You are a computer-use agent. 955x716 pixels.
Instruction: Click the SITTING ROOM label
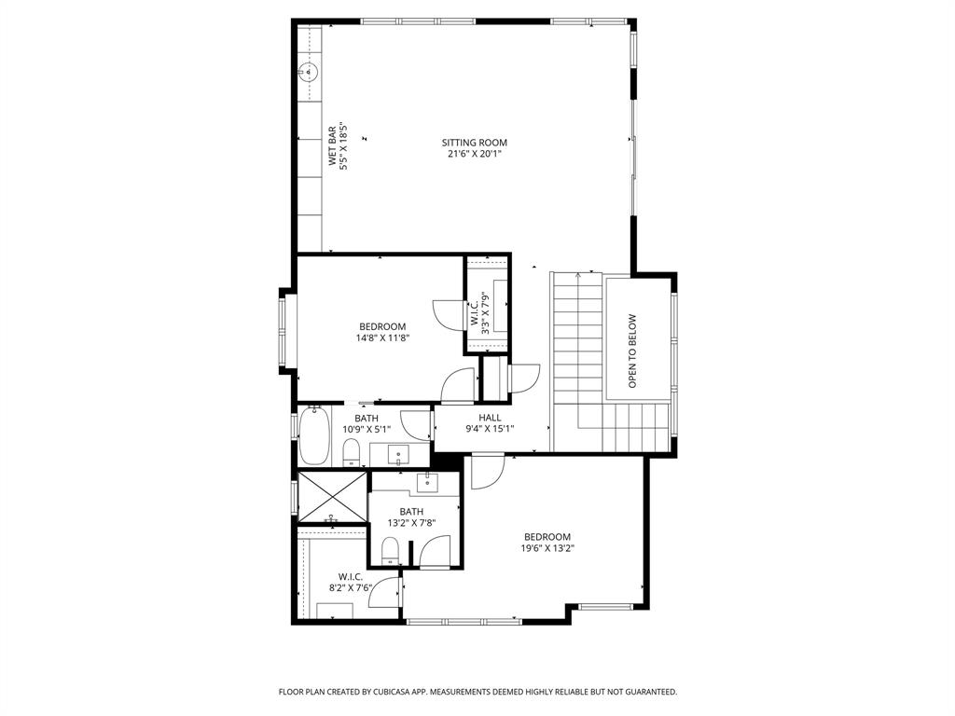point(475,143)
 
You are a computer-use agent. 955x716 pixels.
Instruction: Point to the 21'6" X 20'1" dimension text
point(475,154)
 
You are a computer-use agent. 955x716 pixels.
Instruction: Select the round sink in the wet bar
point(309,70)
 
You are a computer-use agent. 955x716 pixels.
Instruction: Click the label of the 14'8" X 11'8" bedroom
point(382,326)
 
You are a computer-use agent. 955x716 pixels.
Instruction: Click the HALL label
point(490,418)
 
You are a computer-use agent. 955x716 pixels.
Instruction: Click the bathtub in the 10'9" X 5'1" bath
point(314,436)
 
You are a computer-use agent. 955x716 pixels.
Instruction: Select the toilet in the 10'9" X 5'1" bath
point(352,453)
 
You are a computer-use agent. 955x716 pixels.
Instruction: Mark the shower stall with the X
point(332,496)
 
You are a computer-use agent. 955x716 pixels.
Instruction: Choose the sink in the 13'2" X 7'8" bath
point(428,481)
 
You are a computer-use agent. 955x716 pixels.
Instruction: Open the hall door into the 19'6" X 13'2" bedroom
point(485,471)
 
